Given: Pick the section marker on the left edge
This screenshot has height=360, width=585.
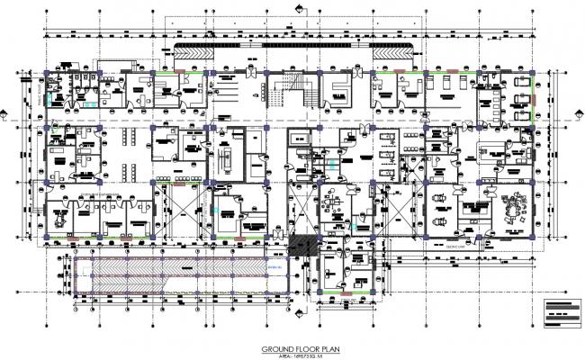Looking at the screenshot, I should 7,115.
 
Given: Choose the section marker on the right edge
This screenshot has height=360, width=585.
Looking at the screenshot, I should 578,115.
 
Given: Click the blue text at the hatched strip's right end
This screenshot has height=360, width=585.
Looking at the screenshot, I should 274,265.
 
